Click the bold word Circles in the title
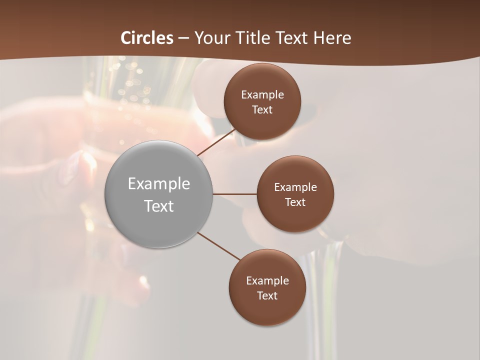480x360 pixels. pos(147,38)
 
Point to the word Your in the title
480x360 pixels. pos(211,38)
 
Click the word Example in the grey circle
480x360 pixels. pos(159,184)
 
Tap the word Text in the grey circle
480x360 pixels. pos(159,206)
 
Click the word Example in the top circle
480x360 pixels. pos(262,95)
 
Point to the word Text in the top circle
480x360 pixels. pos(262,110)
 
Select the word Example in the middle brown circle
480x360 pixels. pos(295,187)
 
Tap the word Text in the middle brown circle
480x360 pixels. pos(295,202)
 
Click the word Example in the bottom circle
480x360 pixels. pos(267,281)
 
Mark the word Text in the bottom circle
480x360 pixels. pos(267,296)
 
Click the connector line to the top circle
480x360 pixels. pos(216,143)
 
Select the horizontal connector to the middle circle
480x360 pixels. pos(234,194)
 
